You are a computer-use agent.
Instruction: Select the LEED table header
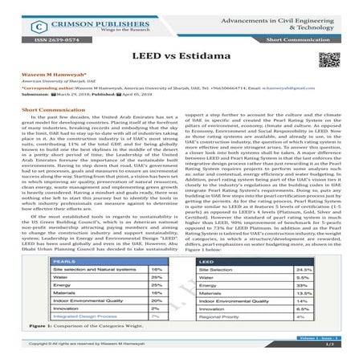[213, 262]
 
